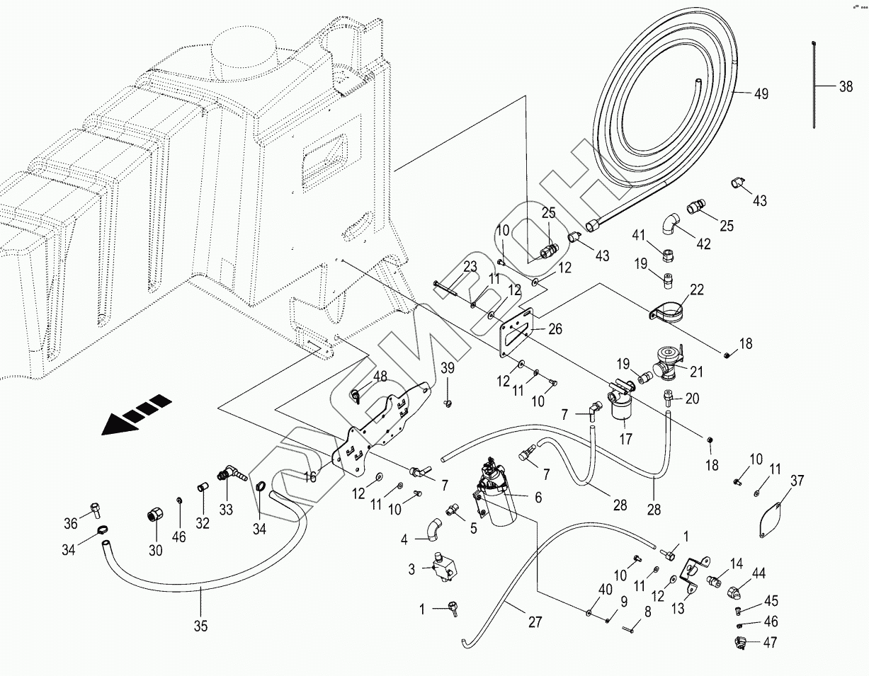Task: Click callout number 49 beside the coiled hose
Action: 761,94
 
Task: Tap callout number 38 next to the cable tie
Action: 846,87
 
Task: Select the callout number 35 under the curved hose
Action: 201,625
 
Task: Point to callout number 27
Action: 535,622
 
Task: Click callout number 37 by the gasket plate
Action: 797,481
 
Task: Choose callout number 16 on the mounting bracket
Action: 310,478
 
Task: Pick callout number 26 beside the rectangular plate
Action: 555,328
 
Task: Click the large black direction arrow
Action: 136,415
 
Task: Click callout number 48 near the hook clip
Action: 380,377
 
